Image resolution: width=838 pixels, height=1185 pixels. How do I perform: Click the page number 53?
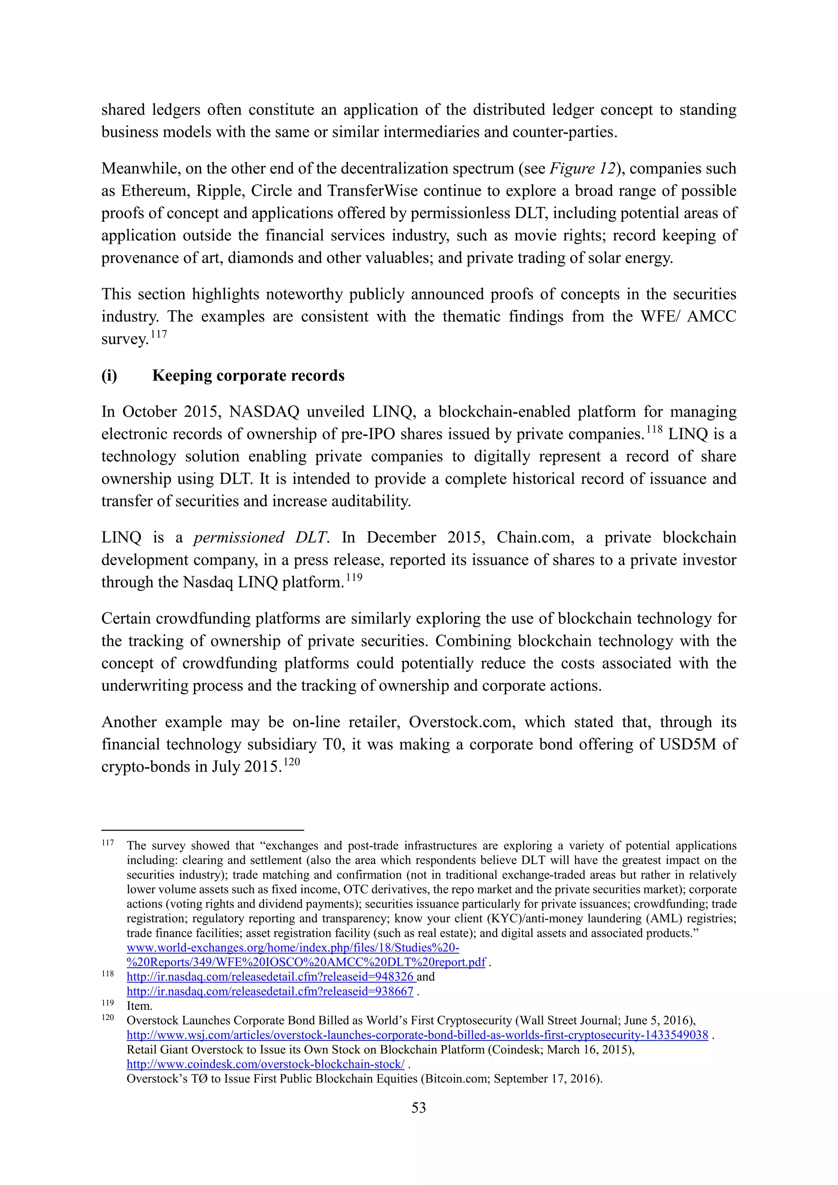tap(419, 1108)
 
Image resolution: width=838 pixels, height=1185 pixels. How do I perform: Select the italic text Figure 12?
tap(582, 168)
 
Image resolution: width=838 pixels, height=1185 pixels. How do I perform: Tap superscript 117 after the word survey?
tap(159, 334)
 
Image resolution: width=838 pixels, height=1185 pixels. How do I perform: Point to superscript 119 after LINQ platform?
tap(354, 577)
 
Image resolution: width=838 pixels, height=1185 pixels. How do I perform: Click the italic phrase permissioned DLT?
tap(260, 537)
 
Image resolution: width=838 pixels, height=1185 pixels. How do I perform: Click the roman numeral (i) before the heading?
tap(109, 375)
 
